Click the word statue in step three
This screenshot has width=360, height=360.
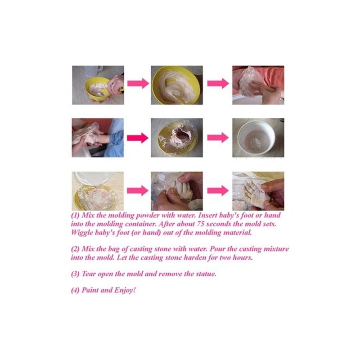[206, 274]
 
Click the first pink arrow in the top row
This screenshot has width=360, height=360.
[138, 83]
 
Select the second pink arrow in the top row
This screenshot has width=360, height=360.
[218, 83]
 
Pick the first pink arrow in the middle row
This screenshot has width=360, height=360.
[138, 138]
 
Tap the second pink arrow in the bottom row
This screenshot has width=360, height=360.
[218, 190]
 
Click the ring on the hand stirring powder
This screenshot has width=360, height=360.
[113, 85]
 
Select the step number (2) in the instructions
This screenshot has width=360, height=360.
[75, 249]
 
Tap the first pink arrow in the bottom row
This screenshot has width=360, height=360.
[138, 190]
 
